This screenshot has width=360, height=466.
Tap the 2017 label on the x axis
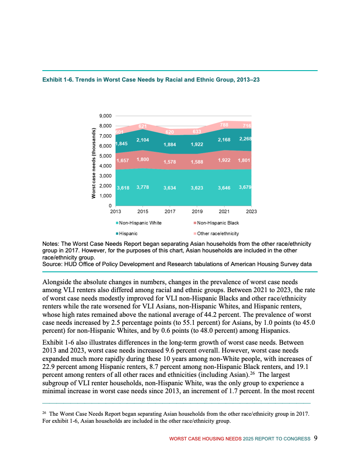pyautogui.click(x=169, y=211)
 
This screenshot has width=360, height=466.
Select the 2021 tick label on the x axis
pyautogui.click(x=224, y=211)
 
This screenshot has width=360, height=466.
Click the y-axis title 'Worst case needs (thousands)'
pyautogui.click(x=94, y=163)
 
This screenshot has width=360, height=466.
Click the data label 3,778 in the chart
pyautogui.click(x=142, y=188)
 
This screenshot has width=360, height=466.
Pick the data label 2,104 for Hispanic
pyautogui.click(x=142, y=140)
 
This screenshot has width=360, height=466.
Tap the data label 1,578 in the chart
pyautogui.click(x=170, y=162)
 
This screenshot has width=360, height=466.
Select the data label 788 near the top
pyautogui.click(x=224, y=125)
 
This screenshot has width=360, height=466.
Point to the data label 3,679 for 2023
pyautogui.click(x=244, y=188)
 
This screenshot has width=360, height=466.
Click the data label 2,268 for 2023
pyautogui.click(x=245, y=139)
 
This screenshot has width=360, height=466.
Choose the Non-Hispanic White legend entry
pyautogui.click(x=140, y=223)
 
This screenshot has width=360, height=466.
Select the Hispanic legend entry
pyautogui.click(x=128, y=233)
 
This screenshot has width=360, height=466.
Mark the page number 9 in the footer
pyautogui.click(x=315, y=438)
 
